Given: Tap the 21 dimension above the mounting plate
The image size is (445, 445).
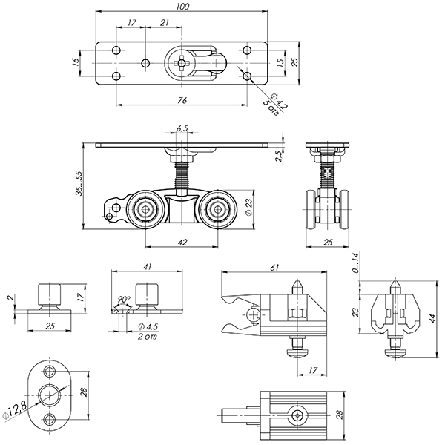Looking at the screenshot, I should click(164, 24).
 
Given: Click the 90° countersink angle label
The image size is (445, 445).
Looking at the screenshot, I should click(124, 302).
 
